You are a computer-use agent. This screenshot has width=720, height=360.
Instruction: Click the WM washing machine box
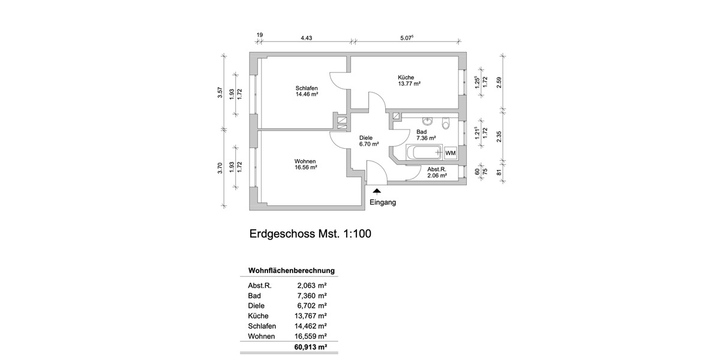(x=451, y=153)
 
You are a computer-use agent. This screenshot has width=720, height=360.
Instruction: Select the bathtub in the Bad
(x=424, y=152)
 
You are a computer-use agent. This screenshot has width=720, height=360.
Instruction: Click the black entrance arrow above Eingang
(x=377, y=191)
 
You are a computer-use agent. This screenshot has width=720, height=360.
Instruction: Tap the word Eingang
(x=382, y=203)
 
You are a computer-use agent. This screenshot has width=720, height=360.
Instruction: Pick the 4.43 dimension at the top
(x=306, y=37)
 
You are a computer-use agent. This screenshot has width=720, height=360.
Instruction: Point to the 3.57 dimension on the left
(x=220, y=92)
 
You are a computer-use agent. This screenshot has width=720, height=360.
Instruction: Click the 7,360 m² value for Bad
(x=312, y=296)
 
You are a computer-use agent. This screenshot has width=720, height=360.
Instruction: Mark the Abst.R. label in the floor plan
(x=437, y=170)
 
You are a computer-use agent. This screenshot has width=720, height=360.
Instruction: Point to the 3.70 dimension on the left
(x=220, y=169)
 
